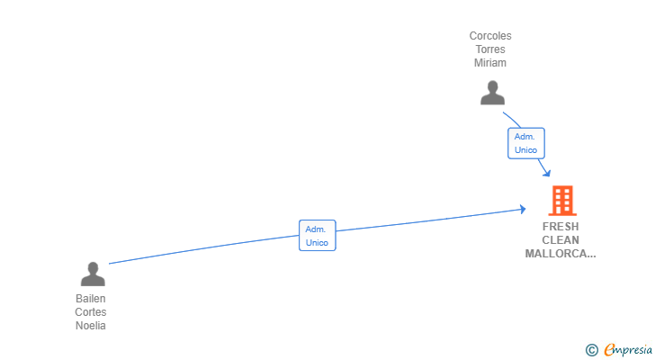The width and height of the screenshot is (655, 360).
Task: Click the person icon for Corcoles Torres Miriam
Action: point(492,93)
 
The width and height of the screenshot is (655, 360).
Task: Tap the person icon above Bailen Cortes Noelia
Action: point(93,274)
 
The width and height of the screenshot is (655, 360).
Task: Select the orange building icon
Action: point(562,201)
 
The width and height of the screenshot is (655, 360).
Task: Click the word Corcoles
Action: point(490,36)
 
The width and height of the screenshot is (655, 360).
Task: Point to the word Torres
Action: point(490,49)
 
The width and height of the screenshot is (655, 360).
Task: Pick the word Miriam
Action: point(490,63)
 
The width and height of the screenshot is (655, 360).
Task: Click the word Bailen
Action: point(91,299)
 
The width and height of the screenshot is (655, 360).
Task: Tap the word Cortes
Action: point(91,312)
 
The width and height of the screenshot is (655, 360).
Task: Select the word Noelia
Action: point(91,325)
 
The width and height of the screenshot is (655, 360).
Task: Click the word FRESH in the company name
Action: point(561,227)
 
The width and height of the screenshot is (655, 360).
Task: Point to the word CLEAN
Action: point(561,240)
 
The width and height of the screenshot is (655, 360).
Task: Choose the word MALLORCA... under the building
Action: point(561,254)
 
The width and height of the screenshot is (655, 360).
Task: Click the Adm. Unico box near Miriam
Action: point(526,143)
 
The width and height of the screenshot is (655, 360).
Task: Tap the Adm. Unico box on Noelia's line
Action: point(317,236)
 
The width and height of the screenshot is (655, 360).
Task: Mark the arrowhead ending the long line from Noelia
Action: point(523,209)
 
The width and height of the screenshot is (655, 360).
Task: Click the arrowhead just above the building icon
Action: point(547,173)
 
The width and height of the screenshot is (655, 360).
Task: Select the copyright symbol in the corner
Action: point(591,350)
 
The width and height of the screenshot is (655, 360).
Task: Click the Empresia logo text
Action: point(628,349)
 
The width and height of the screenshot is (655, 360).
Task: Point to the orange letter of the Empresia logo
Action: point(609,349)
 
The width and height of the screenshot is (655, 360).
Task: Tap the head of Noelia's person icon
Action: point(93,267)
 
